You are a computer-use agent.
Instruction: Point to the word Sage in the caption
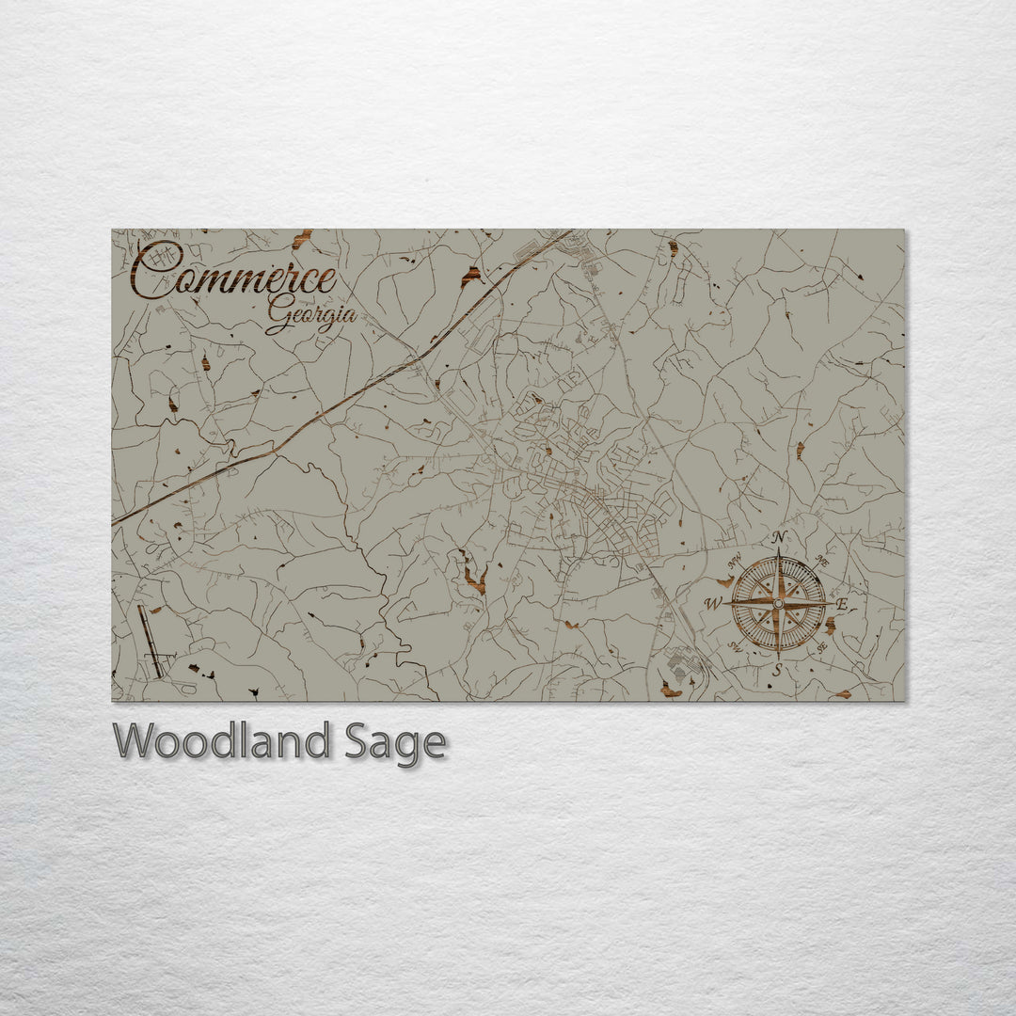pyautogui.click(x=393, y=743)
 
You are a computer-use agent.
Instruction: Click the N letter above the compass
pyautogui.click(x=778, y=537)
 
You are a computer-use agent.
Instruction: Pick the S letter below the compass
pyautogui.click(x=777, y=670)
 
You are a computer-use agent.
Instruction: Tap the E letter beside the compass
pyautogui.click(x=842, y=603)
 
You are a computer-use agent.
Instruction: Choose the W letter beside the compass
pyautogui.click(x=714, y=603)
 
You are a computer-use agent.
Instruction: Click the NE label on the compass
pyautogui.click(x=821, y=561)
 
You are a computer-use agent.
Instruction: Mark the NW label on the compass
pyautogui.click(x=735, y=562)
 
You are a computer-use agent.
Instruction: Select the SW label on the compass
pyautogui.click(x=735, y=645)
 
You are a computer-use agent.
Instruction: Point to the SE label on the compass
pyautogui.click(x=821, y=645)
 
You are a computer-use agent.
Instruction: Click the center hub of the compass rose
pyautogui.click(x=778, y=602)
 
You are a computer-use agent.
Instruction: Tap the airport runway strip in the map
pyautogui.click(x=150, y=641)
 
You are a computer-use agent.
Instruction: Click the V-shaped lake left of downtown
pyautogui.click(x=471, y=575)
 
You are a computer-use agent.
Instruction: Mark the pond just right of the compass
pyautogui.click(x=831, y=625)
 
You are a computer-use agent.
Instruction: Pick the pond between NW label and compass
pyautogui.click(x=725, y=582)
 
